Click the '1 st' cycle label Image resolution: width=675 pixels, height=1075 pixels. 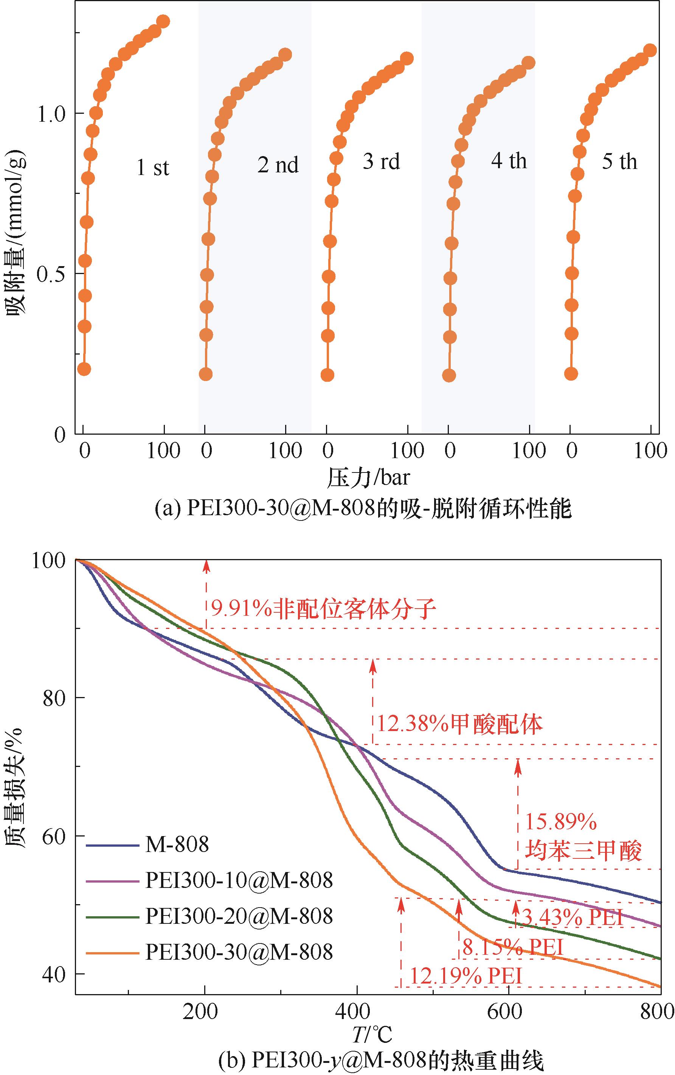coord(153,168)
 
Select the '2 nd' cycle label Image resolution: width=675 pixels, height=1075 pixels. coord(278,165)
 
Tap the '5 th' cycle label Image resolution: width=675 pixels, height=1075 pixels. coord(619,161)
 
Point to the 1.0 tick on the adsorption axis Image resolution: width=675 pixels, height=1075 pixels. coord(51,114)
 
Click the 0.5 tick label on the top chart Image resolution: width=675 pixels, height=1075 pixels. coord(51,274)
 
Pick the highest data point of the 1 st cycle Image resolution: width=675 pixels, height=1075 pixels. coord(163,22)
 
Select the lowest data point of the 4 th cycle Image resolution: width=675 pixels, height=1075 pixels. coord(449,375)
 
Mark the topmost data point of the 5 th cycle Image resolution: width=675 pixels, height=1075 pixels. coord(650,50)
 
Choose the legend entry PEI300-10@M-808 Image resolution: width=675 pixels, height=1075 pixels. coord(239,880)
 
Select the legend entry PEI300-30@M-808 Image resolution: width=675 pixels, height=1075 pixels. coord(239,952)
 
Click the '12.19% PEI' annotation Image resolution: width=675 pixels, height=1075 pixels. coord(466,976)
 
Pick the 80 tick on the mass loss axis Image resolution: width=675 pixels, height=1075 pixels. coord(54,698)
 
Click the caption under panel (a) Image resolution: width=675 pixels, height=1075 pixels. coord(363,509)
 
